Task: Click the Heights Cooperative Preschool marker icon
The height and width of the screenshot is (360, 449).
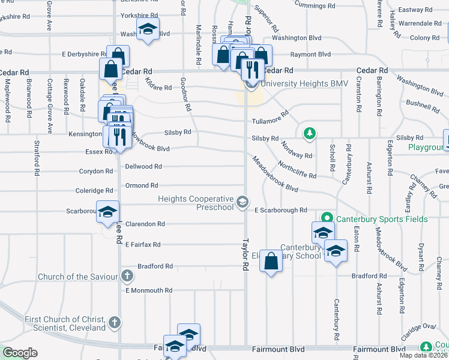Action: (x=242, y=202)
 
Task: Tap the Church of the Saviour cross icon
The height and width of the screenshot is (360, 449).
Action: (x=127, y=276)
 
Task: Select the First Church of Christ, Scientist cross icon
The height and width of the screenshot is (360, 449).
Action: (x=115, y=323)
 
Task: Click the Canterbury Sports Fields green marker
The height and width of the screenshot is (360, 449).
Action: (x=327, y=219)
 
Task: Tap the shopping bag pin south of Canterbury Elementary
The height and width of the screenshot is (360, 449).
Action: (x=271, y=262)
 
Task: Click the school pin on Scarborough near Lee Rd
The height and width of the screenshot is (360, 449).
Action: (x=108, y=213)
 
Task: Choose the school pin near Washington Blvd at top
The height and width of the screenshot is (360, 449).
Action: (x=146, y=29)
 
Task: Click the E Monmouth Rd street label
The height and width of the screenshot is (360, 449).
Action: (x=149, y=290)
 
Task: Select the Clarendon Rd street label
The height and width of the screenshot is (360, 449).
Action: (x=145, y=224)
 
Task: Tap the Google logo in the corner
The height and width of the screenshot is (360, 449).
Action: (x=20, y=352)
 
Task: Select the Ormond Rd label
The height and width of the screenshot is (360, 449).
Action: (x=142, y=186)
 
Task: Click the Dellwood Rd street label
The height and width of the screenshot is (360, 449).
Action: (x=143, y=167)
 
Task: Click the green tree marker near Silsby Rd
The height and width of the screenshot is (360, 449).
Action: (x=310, y=133)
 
